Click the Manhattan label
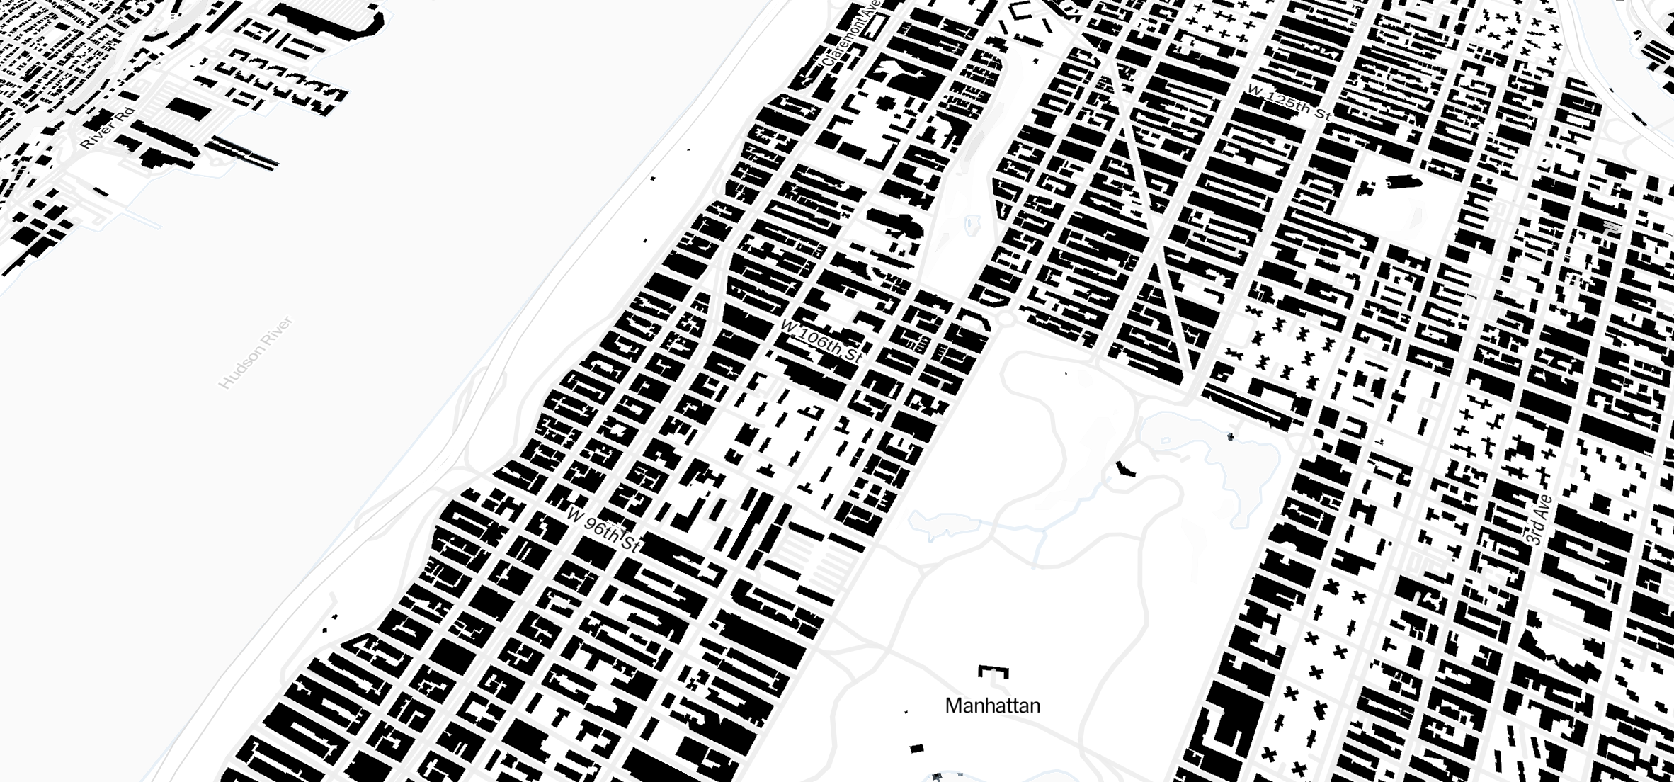(x=992, y=705)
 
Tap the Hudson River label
(x=256, y=353)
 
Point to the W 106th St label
(x=821, y=342)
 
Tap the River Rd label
(x=107, y=128)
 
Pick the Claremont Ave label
(x=852, y=33)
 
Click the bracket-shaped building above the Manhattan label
(x=993, y=671)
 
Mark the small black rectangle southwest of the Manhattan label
(x=916, y=748)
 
